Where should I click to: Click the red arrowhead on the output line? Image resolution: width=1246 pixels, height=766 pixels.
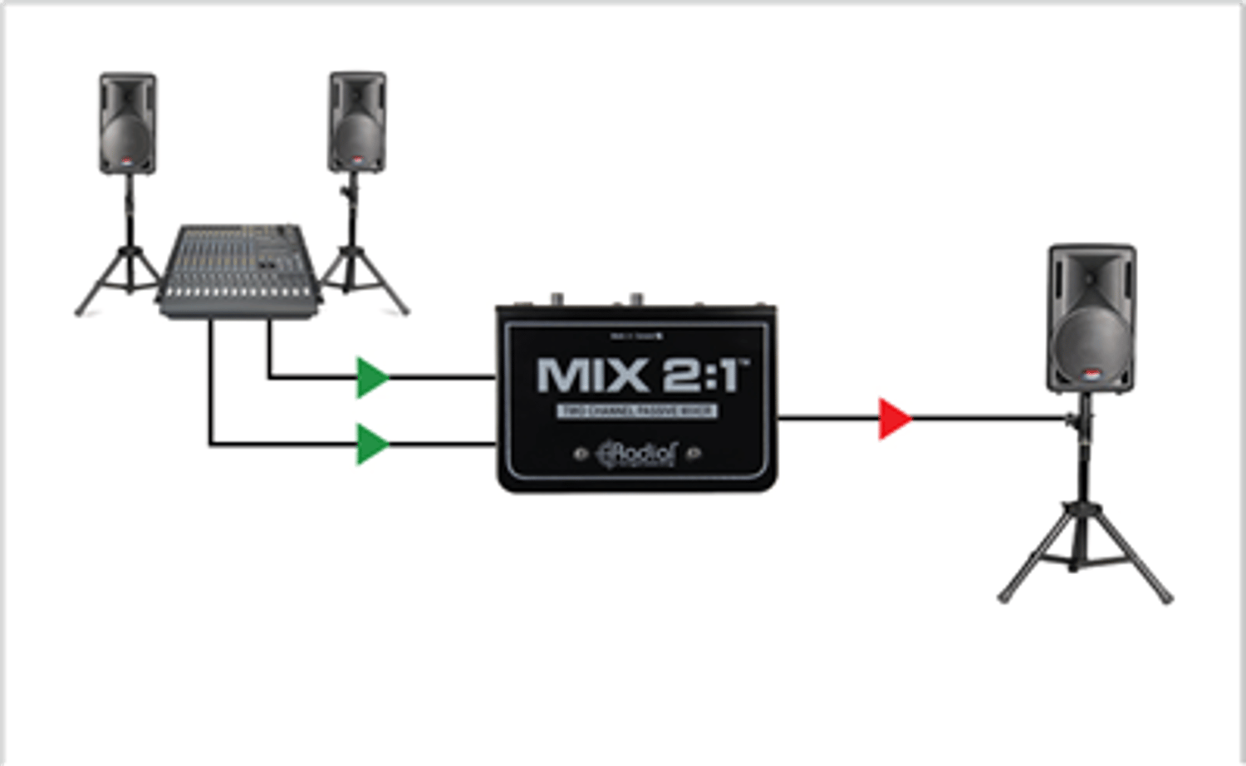click(894, 419)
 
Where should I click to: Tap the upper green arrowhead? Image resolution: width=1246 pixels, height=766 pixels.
click(371, 377)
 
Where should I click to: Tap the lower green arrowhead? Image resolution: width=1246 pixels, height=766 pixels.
click(371, 444)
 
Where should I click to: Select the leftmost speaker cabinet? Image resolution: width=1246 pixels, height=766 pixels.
click(128, 123)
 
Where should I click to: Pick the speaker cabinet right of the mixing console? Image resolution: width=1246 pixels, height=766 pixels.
click(357, 121)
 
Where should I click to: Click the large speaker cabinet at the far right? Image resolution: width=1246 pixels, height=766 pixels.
click(1091, 317)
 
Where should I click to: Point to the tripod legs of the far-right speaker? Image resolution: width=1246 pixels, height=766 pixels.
click(1084, 548)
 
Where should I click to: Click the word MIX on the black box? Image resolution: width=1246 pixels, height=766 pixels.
click(591, 376)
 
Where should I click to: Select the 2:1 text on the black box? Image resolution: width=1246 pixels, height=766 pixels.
click(703, 376)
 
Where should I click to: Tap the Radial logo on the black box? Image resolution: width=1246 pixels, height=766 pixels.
click(637, 454)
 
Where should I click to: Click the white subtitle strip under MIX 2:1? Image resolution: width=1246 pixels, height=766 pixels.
click(636, 411)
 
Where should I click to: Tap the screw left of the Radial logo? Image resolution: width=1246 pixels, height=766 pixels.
click(581, 454)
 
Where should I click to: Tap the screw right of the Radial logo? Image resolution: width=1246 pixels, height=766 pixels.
click(694, 453)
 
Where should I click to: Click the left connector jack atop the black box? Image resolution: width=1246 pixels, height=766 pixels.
click(556, 297)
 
